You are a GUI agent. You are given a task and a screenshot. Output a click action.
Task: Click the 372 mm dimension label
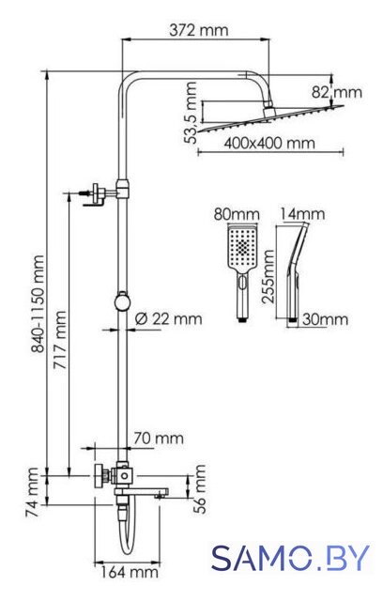point(198,30)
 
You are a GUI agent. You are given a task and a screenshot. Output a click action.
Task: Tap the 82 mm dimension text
point(336,92)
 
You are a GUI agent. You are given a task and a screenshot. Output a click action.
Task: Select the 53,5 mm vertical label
point(191,113)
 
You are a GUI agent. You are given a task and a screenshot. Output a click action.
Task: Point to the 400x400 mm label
point(269,143)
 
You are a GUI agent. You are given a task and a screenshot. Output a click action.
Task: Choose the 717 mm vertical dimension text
point(59,340)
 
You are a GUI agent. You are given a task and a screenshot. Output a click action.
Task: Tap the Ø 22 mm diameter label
point(169,318)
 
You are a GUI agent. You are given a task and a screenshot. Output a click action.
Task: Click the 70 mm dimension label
point(159,439)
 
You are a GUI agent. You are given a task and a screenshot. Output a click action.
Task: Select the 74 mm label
point(32,492)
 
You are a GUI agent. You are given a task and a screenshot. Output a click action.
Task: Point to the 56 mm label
point(200,488)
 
